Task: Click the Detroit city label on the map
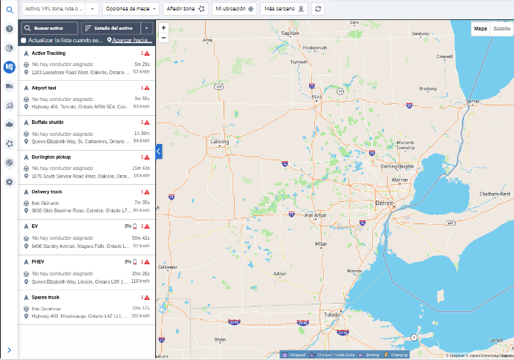point(384,203)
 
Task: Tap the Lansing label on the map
point(220,140)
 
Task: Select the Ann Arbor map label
point(316,215)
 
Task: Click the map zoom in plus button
point(163,27)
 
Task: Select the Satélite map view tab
point(502,28)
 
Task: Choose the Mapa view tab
point(481,28)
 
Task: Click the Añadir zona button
point(185,8)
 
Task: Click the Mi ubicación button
point(235,8)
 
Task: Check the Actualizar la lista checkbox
point(24,40)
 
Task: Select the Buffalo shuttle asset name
point(48,122)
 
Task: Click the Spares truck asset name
point(45,297)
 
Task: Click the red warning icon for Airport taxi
point(146,88)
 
